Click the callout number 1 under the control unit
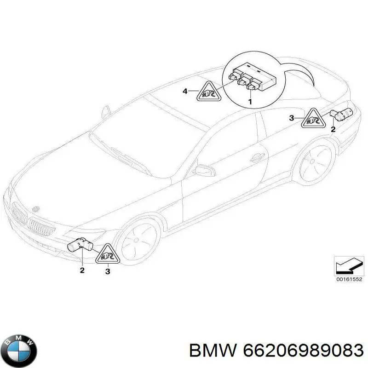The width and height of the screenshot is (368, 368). click(250, 102)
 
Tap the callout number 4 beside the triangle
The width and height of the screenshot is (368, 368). click(185, 91)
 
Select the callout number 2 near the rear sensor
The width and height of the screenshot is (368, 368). click(333, 129)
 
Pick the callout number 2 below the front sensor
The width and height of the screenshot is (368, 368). click(82, 270)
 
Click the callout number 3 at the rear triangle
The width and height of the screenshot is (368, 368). click(291, 118)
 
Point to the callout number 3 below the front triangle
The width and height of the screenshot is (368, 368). click(108, 271)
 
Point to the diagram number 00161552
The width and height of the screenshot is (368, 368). click(349, 279)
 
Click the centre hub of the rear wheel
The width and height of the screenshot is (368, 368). click(312, 161)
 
